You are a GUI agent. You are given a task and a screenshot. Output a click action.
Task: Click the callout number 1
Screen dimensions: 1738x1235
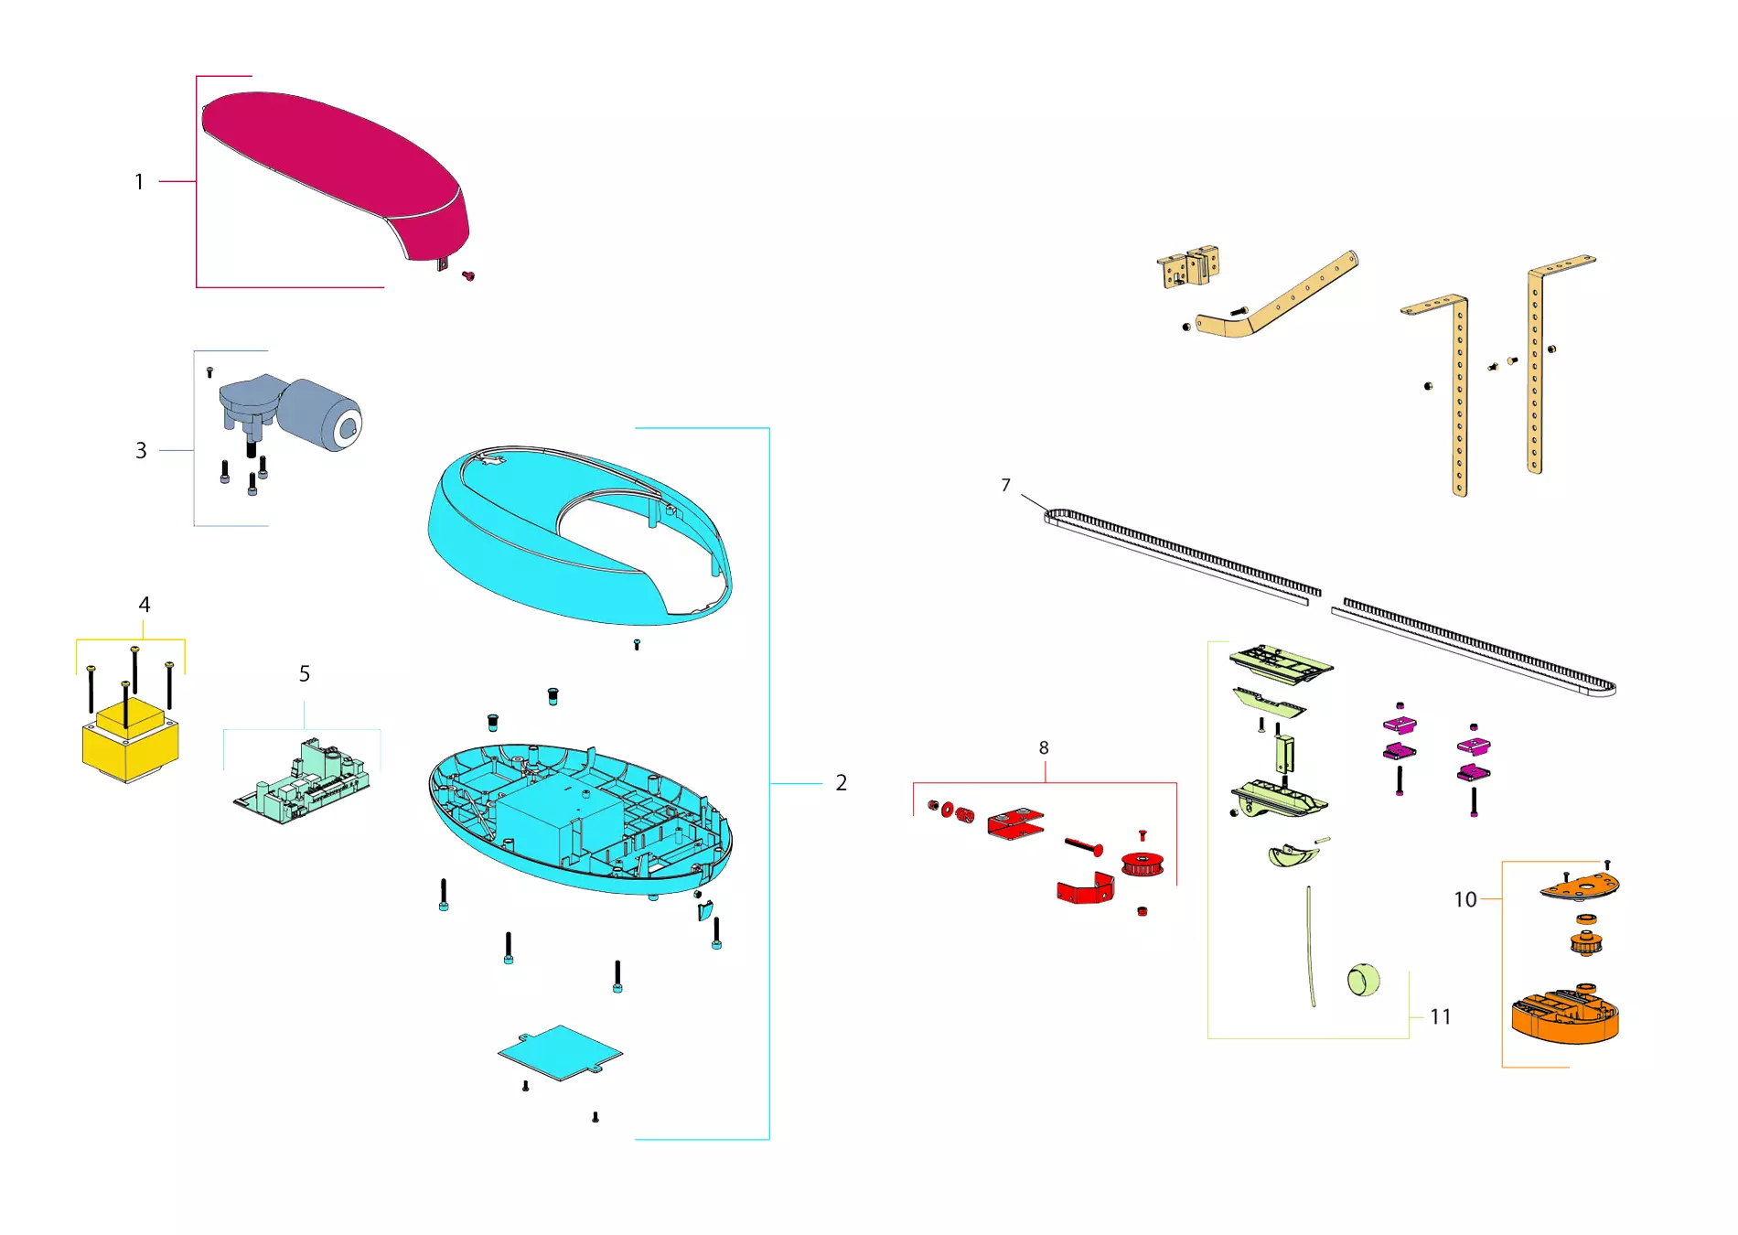[139, 182]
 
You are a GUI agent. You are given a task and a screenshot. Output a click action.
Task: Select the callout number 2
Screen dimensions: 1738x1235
[842, 783]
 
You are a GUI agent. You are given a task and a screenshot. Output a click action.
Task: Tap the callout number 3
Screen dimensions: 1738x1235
[141, 450]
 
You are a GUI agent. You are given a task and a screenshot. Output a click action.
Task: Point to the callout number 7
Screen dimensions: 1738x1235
[1006, 485]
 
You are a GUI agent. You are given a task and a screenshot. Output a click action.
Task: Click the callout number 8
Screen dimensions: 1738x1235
[1044, 747]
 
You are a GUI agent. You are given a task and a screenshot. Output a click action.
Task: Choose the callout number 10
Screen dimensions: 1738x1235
[1465, 899]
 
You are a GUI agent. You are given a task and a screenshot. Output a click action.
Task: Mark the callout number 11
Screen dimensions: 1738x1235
[1441, 1016]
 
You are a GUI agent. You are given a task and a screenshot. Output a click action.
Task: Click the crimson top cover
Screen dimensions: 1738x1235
[334, 169]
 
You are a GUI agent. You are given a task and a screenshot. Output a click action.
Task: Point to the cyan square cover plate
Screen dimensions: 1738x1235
[560, 1052]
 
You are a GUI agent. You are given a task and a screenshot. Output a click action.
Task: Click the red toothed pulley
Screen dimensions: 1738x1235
[1143, 864]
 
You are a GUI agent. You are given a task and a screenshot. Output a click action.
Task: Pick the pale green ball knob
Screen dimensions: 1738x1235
[1363, 980]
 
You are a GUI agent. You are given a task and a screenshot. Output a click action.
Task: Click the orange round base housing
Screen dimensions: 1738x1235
[1565, 1015]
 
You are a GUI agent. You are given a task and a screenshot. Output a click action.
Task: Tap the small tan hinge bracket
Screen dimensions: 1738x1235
[1188, 266]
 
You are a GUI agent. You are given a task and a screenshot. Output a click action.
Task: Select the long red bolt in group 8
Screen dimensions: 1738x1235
[1084, 847]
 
